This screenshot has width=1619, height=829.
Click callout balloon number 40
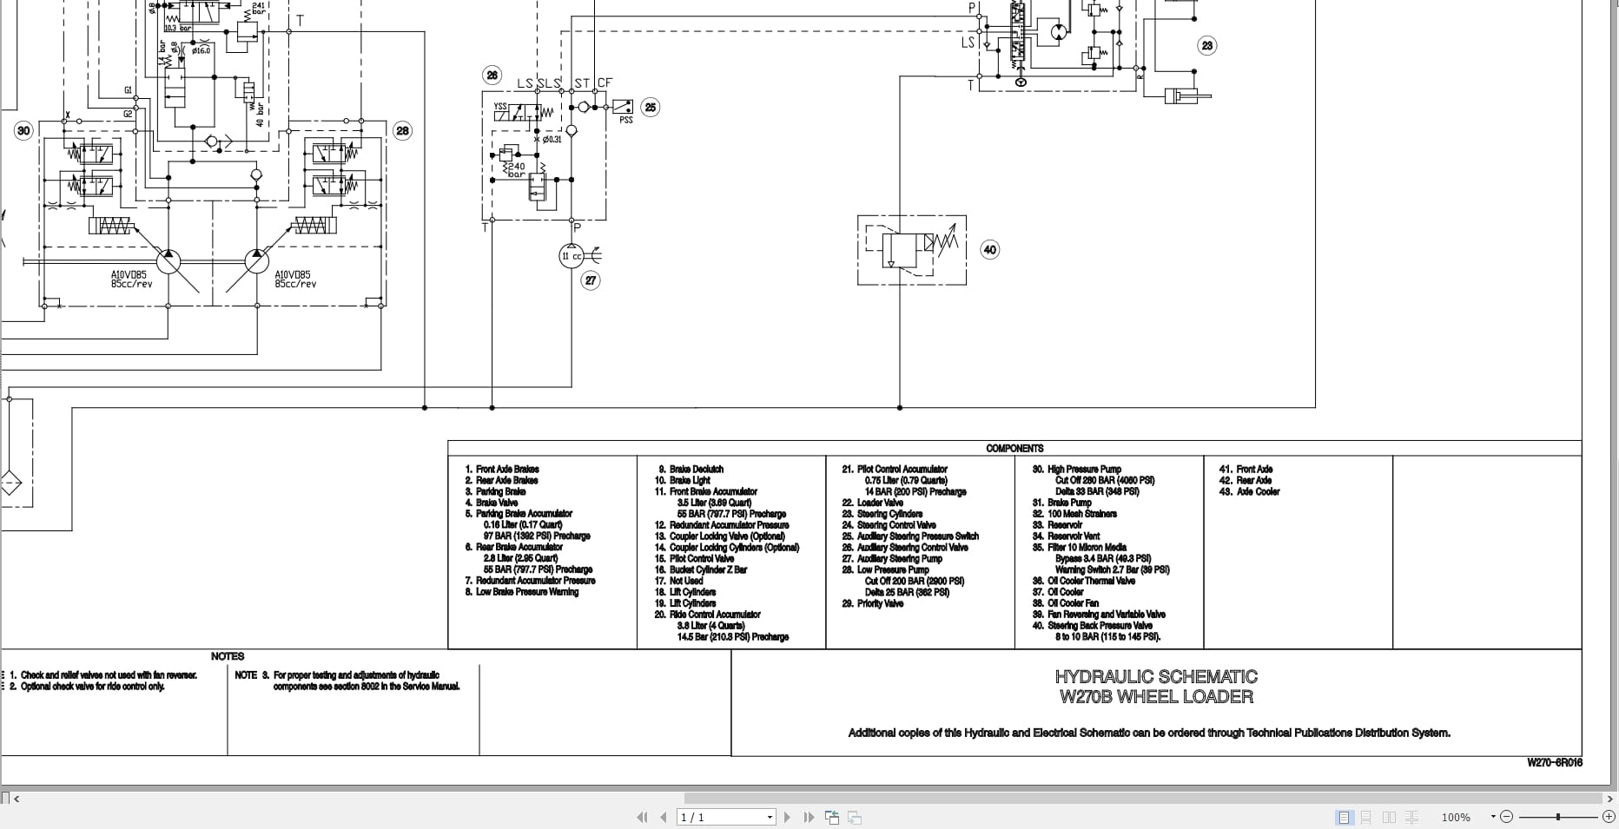(x=989, y=250)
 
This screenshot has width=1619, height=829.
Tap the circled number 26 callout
(x=492, y=76)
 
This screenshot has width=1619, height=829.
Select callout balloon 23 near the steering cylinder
(x=1206, y=46)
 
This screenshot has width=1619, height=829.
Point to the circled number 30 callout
(x=23, y=131)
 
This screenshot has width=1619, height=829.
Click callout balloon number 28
(x=402, y=131)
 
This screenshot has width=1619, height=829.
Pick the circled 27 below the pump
(x=591, y=280)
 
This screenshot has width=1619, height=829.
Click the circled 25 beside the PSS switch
(x=650, y=108)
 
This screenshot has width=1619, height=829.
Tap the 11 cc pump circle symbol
(x=572, y=256)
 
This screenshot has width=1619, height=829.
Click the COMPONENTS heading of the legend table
(x=1014, y=449)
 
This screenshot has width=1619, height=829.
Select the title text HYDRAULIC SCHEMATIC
(x=1156, y=677)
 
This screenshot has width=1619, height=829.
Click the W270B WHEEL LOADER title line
(x=1156, y=697)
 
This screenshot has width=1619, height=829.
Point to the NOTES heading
(x=228, y=657)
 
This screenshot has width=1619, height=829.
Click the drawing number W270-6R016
(x=1555, y=763)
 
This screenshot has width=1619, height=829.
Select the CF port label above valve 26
(x=605, y=83)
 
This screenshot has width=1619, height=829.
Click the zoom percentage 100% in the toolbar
(x=1456, y=818)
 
